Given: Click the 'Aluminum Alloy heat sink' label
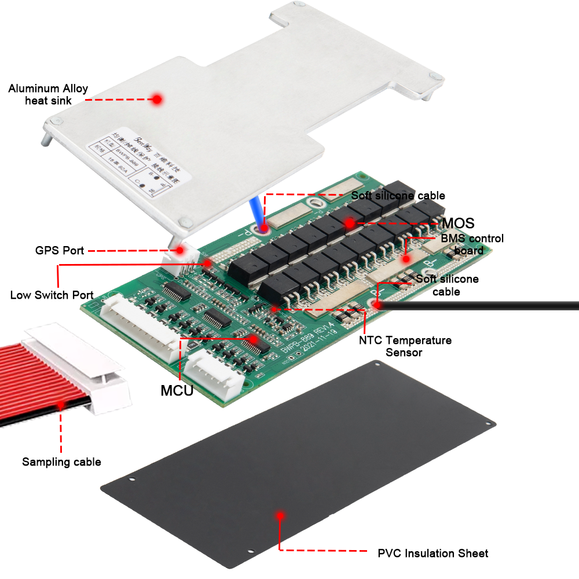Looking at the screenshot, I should click(48, 94).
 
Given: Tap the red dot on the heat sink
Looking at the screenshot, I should click(156, 99).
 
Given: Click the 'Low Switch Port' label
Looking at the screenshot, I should click(52, 295).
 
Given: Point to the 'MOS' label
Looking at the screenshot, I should click(458, 223).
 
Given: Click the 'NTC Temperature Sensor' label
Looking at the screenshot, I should click(405, 346).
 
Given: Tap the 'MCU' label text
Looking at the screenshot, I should click(177, 390).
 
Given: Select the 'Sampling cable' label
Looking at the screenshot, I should click(61, 461).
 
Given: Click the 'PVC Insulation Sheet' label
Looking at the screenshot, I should click(433, 553).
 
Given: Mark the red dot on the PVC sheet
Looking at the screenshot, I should click(280, 514).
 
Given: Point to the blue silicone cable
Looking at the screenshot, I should click(256, 211).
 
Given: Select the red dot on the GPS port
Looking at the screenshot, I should click(180, 250).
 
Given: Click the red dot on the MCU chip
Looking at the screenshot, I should click(252, 338).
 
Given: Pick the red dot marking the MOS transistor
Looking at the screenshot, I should click(349, 222).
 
